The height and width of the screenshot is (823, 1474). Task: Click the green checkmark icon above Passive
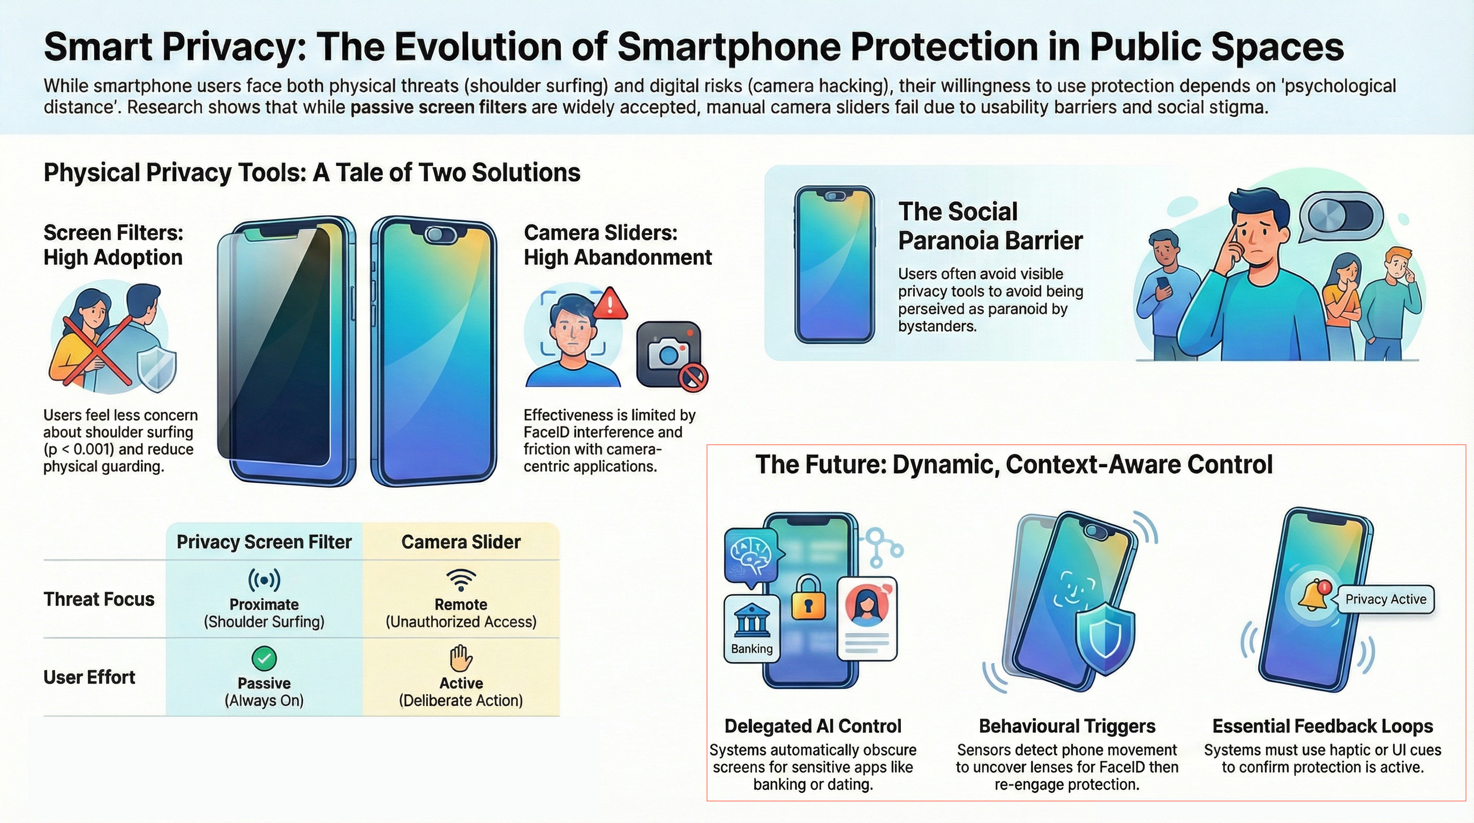click(264, 659)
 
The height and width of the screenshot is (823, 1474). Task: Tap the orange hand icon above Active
click(461, 658)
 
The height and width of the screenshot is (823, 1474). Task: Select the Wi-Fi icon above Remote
click(461, 580)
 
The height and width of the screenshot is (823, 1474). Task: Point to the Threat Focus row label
click(99, 599)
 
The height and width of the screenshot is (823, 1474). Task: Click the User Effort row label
click(89, 677)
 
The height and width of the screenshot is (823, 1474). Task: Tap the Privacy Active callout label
click(1385, 599)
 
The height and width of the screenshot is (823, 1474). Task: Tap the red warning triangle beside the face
click(610, 303)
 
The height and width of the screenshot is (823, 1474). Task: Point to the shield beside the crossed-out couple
click(156, 370)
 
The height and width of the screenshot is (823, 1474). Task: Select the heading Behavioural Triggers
click(1066, 726)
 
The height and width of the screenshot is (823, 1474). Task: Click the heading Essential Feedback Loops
click(1322, 726)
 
